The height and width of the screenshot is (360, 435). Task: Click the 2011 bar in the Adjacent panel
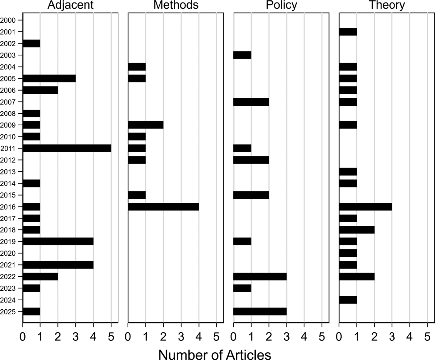tap(67, 148)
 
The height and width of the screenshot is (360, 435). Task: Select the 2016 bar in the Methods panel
tap(163, 207)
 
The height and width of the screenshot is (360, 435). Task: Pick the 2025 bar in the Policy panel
tap(260, 312)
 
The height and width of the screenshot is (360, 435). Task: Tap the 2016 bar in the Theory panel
tap(365, 207)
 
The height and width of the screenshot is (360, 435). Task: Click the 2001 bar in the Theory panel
tap(348, 32)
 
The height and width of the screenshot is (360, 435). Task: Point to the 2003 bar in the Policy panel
tap(242, 55)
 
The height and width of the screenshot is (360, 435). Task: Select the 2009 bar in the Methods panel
tap(146, 125)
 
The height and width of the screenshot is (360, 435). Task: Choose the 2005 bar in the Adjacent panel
tap(49, 78)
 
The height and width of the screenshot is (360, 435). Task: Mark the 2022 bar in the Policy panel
tap(260, 276)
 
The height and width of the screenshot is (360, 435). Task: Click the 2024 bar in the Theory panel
tap(348, 300)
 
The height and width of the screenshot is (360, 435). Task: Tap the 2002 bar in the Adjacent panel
tap(31, 44)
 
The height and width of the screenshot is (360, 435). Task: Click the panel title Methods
tap(176, 5)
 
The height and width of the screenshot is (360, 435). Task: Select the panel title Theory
tap(387, 5)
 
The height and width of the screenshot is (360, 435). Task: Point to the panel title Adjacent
tap(71, 5)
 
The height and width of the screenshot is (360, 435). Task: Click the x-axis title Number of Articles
tap(214, 354)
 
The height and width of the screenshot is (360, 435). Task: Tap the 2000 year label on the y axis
tap(7, 20)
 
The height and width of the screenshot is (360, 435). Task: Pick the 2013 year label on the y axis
tap(7, 172)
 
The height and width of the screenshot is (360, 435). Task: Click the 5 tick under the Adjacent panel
tap(111, 337)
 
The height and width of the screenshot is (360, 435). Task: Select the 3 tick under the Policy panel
tap(287, 337)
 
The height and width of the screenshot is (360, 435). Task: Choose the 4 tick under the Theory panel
tap(410, 337)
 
